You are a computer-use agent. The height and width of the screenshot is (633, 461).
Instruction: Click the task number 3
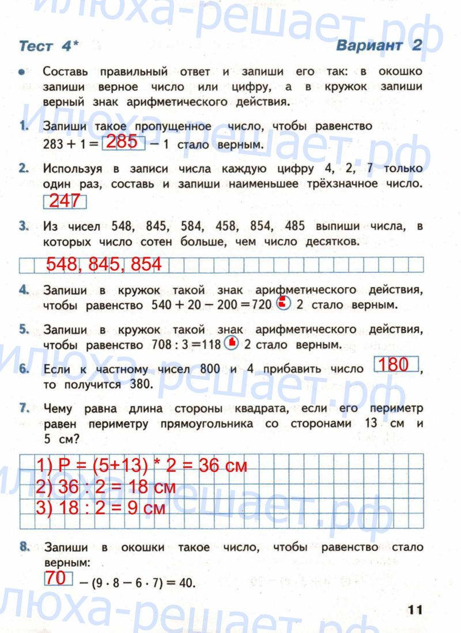(24, 227)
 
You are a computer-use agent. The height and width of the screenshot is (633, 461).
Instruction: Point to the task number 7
(24, 409)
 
